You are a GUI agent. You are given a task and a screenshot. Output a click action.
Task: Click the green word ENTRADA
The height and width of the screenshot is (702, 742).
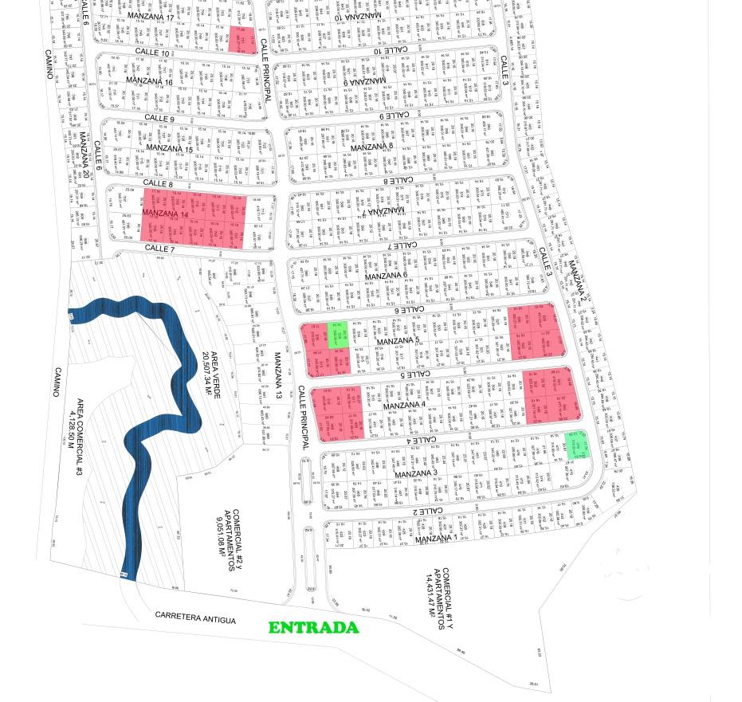coord(313,628)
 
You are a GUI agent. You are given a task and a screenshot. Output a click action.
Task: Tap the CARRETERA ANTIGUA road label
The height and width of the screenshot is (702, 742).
coord(195,618)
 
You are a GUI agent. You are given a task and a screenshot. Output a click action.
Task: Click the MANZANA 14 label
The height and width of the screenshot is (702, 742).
coord(166,214)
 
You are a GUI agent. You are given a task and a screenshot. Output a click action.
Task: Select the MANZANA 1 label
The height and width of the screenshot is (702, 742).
coord(434,539)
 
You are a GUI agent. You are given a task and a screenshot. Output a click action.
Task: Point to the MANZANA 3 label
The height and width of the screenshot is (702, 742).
coord(416,474)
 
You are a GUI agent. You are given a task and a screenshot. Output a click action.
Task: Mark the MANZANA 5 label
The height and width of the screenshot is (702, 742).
coord(398,342)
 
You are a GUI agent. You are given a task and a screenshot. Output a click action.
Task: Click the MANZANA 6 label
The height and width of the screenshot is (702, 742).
coord(383,276)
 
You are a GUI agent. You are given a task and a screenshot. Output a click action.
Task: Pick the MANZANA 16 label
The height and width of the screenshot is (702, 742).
coord(149,82)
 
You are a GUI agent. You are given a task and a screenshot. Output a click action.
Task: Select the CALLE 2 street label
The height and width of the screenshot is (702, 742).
coord(427,511)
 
